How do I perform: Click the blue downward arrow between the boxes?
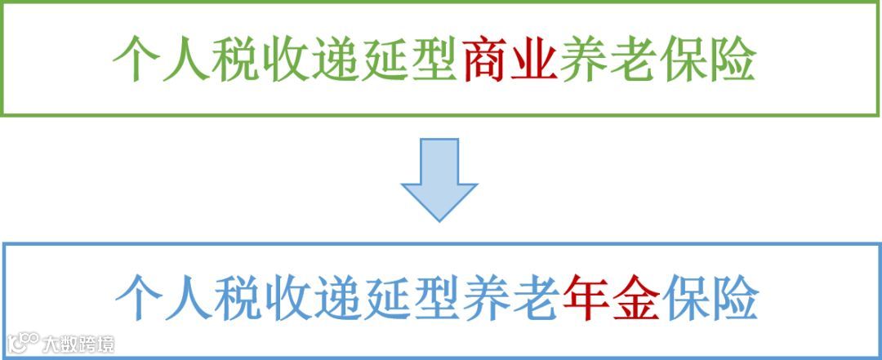click(439, 179)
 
